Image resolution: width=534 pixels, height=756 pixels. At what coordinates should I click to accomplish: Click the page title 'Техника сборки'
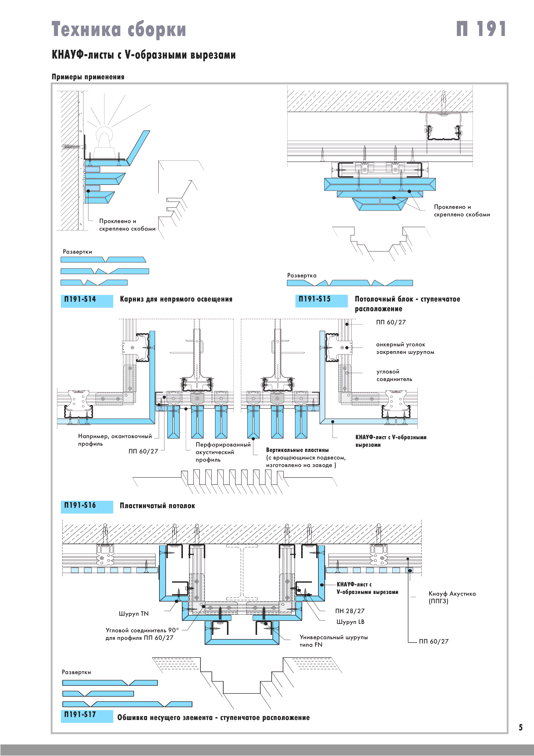point(119,29)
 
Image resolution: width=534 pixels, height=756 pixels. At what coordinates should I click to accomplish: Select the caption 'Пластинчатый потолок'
point(157,506)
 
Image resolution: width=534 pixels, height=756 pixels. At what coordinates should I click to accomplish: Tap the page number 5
point(520,727)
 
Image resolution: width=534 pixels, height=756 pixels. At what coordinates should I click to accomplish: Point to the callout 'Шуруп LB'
point(350,622)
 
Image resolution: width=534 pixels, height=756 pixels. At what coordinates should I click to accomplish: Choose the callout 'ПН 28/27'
point(350,611)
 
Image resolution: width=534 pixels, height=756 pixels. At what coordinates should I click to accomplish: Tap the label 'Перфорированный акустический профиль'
point(223,452)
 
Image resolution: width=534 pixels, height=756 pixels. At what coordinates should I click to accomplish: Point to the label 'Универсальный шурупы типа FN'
point(333,641)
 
